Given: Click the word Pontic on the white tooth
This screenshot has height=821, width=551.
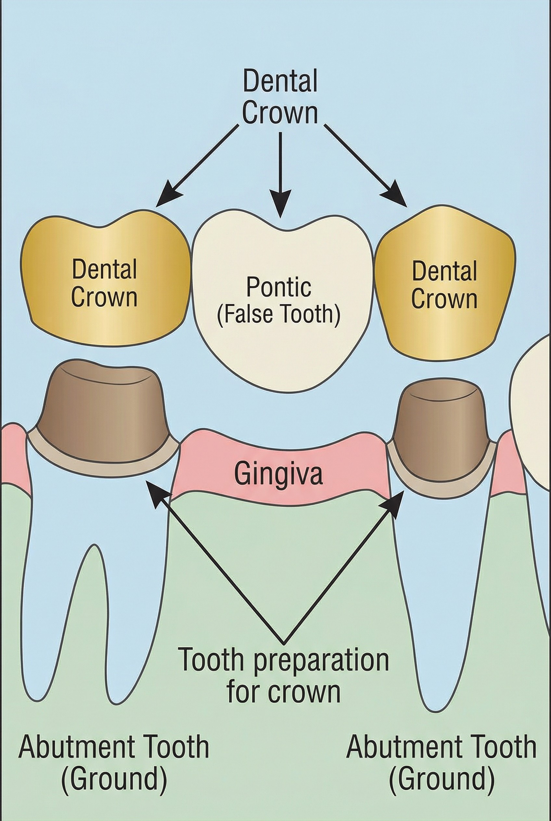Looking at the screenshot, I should (x=278, y=288).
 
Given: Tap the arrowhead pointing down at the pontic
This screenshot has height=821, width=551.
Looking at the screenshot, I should (x=280, y=204).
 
